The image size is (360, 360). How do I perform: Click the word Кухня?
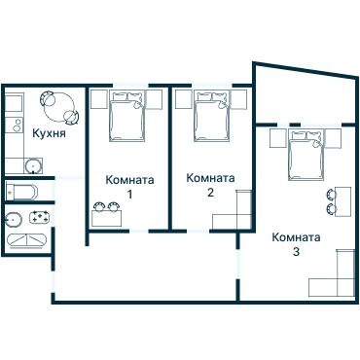pos(49,134)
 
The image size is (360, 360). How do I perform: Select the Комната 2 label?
pos(210,185)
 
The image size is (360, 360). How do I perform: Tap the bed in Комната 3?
pos(306,158)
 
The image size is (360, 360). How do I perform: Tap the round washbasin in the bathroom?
pos(16,218)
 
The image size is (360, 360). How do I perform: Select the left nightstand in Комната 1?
pos(98,98)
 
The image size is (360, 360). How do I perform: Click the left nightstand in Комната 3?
pos(276,140)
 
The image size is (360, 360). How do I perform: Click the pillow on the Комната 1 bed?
pos(127,100)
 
